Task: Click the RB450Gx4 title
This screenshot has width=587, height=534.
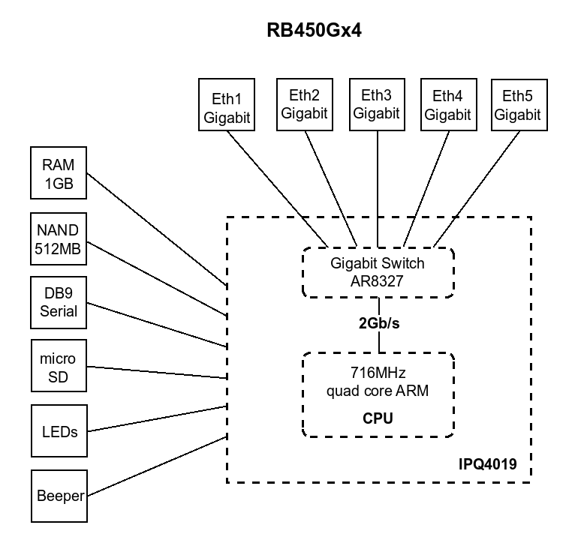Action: [x=315, y=31]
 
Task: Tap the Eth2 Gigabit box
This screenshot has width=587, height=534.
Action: [x=303, y=104]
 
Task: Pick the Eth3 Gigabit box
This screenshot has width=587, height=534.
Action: [x=376, y=104]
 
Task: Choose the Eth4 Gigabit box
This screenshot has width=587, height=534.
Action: [x=447, y=105]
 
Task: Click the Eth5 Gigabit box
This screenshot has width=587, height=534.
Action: [x=517, y=105]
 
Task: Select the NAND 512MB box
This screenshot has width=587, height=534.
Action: [x=58, y=240]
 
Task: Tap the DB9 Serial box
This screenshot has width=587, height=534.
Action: [x=58, y=302]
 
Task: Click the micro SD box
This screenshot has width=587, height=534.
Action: [x=58, y=366]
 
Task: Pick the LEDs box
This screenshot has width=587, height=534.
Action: [x=58, y=431]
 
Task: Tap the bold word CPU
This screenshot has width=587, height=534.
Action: [x=378, y=418]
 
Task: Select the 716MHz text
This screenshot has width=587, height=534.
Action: [x=378, y=373]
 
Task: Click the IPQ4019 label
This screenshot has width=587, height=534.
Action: [x=487, y=465]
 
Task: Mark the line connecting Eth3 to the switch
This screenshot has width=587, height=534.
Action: [x=377, y=187]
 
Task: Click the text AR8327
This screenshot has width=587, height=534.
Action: [x=378, y=281]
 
